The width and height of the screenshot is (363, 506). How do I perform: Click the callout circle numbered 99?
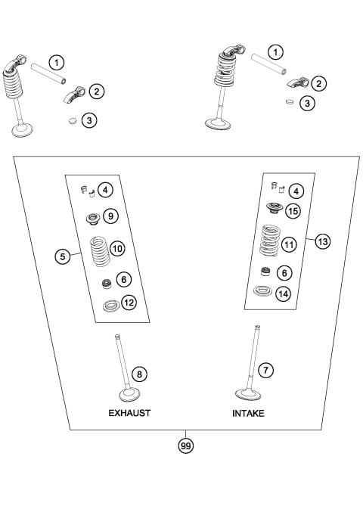(184, 446)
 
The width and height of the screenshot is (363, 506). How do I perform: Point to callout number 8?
(138, 373)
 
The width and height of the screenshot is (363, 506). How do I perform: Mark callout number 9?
(110, 216)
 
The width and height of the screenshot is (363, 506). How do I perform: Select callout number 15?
(293, 211)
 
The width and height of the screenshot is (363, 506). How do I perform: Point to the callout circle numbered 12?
(129, 303)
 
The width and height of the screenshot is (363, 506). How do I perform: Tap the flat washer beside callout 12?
(110, 306)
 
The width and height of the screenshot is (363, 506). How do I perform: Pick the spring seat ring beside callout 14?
(265, 291)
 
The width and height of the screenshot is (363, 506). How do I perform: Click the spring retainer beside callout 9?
(93, 219)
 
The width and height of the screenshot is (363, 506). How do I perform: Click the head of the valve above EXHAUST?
(126, 395)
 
